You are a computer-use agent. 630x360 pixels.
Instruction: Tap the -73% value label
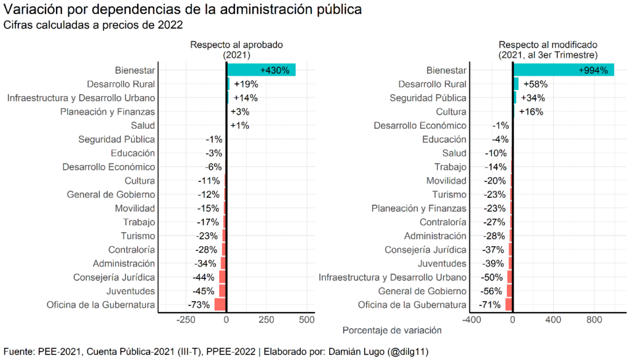click(199, 305)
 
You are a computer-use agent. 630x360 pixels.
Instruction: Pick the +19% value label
click(245, 84)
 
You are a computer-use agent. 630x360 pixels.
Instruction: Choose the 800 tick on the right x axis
click(594, 320)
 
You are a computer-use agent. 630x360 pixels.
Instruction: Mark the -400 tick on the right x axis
click(471, 320)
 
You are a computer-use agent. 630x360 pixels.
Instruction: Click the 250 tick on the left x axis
click(266, 320)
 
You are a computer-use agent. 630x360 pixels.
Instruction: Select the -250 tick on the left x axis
click(186, 320)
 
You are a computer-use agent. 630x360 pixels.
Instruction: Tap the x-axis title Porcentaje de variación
click(392, 330)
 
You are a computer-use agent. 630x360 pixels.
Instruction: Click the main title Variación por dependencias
click(182, 10)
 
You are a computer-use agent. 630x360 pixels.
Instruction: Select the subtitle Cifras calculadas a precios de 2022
click(94, 25)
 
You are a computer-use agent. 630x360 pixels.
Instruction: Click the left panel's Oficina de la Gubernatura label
click(101, 305)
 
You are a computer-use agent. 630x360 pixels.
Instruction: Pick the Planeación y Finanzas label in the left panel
click(108, 112)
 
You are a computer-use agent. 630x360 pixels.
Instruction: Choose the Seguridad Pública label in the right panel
click(428, 98)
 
